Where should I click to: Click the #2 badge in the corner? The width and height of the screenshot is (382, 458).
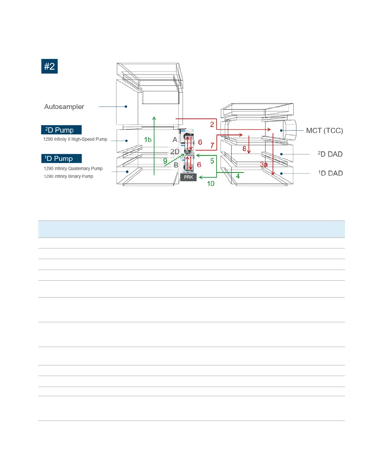[x=50, y=66]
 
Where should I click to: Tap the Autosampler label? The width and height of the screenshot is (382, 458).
[x=64, y=107]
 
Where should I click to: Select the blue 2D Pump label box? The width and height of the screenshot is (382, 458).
[x=61, y=130]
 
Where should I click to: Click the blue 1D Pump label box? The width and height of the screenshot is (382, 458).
[x=61, y=159]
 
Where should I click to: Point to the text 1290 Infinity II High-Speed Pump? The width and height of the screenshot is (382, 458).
[x=75, y=139]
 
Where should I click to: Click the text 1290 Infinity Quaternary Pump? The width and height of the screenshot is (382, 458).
[x=73, y=169]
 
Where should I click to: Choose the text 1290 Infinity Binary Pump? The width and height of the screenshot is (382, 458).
[x=69, y=176]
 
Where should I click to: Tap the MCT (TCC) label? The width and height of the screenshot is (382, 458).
[x=324, y=131]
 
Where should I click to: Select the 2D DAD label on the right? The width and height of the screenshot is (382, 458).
[x=330, y=154]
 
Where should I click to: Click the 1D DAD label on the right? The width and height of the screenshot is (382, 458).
[x=330, y=173]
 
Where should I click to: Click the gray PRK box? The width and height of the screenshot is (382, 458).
[x=189, y=177]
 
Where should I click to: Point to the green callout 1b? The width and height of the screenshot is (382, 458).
[x=148, y=140]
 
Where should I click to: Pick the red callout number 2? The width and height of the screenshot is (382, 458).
[x=212, y=124]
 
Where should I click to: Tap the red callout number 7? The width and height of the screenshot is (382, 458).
[x=212, y=145]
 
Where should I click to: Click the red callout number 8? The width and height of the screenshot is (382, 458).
[x=244, y=149]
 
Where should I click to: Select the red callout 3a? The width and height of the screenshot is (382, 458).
[x=264, y=164]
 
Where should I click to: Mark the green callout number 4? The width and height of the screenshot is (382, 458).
[x=238, y=176]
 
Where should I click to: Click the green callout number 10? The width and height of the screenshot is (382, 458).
[x=211, y=183]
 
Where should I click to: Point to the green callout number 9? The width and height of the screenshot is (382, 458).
[x=165, y=161]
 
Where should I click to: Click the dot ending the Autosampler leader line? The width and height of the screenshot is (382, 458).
[x=126, y=106]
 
